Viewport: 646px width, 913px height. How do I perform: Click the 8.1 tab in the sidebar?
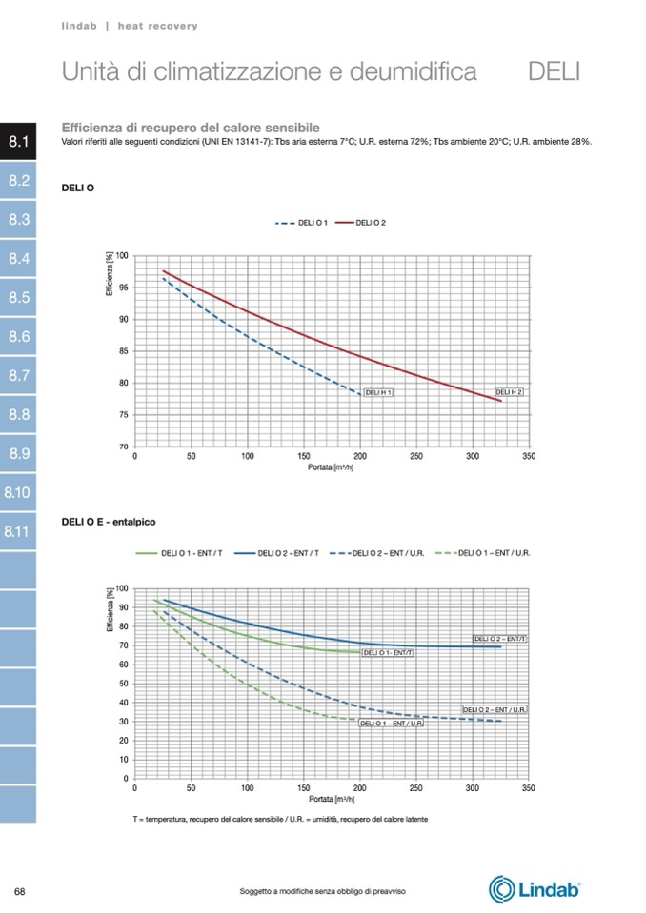pos(19,142)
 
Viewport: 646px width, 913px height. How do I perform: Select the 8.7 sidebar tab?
pos(19,376)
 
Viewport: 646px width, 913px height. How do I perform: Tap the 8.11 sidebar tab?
pos(18,532)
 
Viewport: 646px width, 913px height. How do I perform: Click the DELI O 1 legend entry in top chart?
pos(302,222)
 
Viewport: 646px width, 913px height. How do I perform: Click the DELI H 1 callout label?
pos(379,392)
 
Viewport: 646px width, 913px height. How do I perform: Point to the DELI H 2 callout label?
pos(510,392)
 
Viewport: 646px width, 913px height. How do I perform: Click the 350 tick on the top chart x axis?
pos(529,456)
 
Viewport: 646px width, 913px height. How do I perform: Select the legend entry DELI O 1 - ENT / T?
pos(181,552)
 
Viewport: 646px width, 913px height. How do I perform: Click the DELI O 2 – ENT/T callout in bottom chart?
pos(500,639)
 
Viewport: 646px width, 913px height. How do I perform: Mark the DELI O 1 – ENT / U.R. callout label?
pos(392,724)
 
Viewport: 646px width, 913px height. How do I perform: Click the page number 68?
pos(20,890)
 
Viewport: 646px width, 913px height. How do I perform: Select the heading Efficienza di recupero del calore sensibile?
pos(191,128)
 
